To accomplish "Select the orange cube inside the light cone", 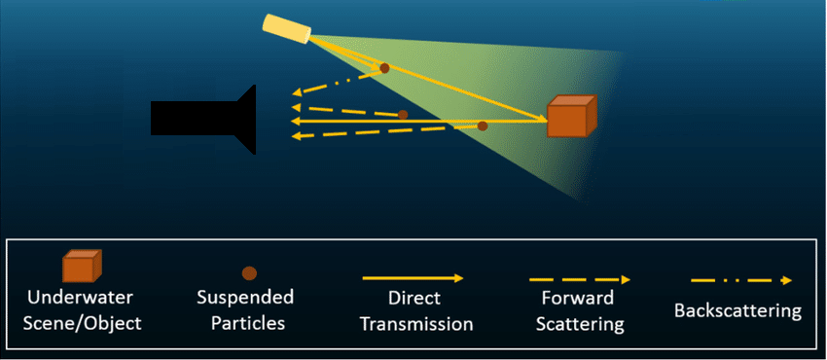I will pyautogui.click(x=569, y=117).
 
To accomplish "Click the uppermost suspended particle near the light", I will pyautogui.click(x=384, y=68).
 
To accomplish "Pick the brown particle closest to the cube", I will pyautogui.click(x=482, y=126).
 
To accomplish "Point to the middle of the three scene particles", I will pyautogui.click(x=403, y=115).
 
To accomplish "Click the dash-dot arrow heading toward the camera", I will pyautogui.click(x=336, y=86).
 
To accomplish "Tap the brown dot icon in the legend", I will pyautogui.click(x=249, y=272).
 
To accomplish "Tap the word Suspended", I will pyautogui.click(x=246, y=297).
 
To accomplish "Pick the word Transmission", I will pyautogui.click(x=415, y=323).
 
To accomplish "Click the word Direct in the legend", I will pyautogui.click(x=415, y=299).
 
